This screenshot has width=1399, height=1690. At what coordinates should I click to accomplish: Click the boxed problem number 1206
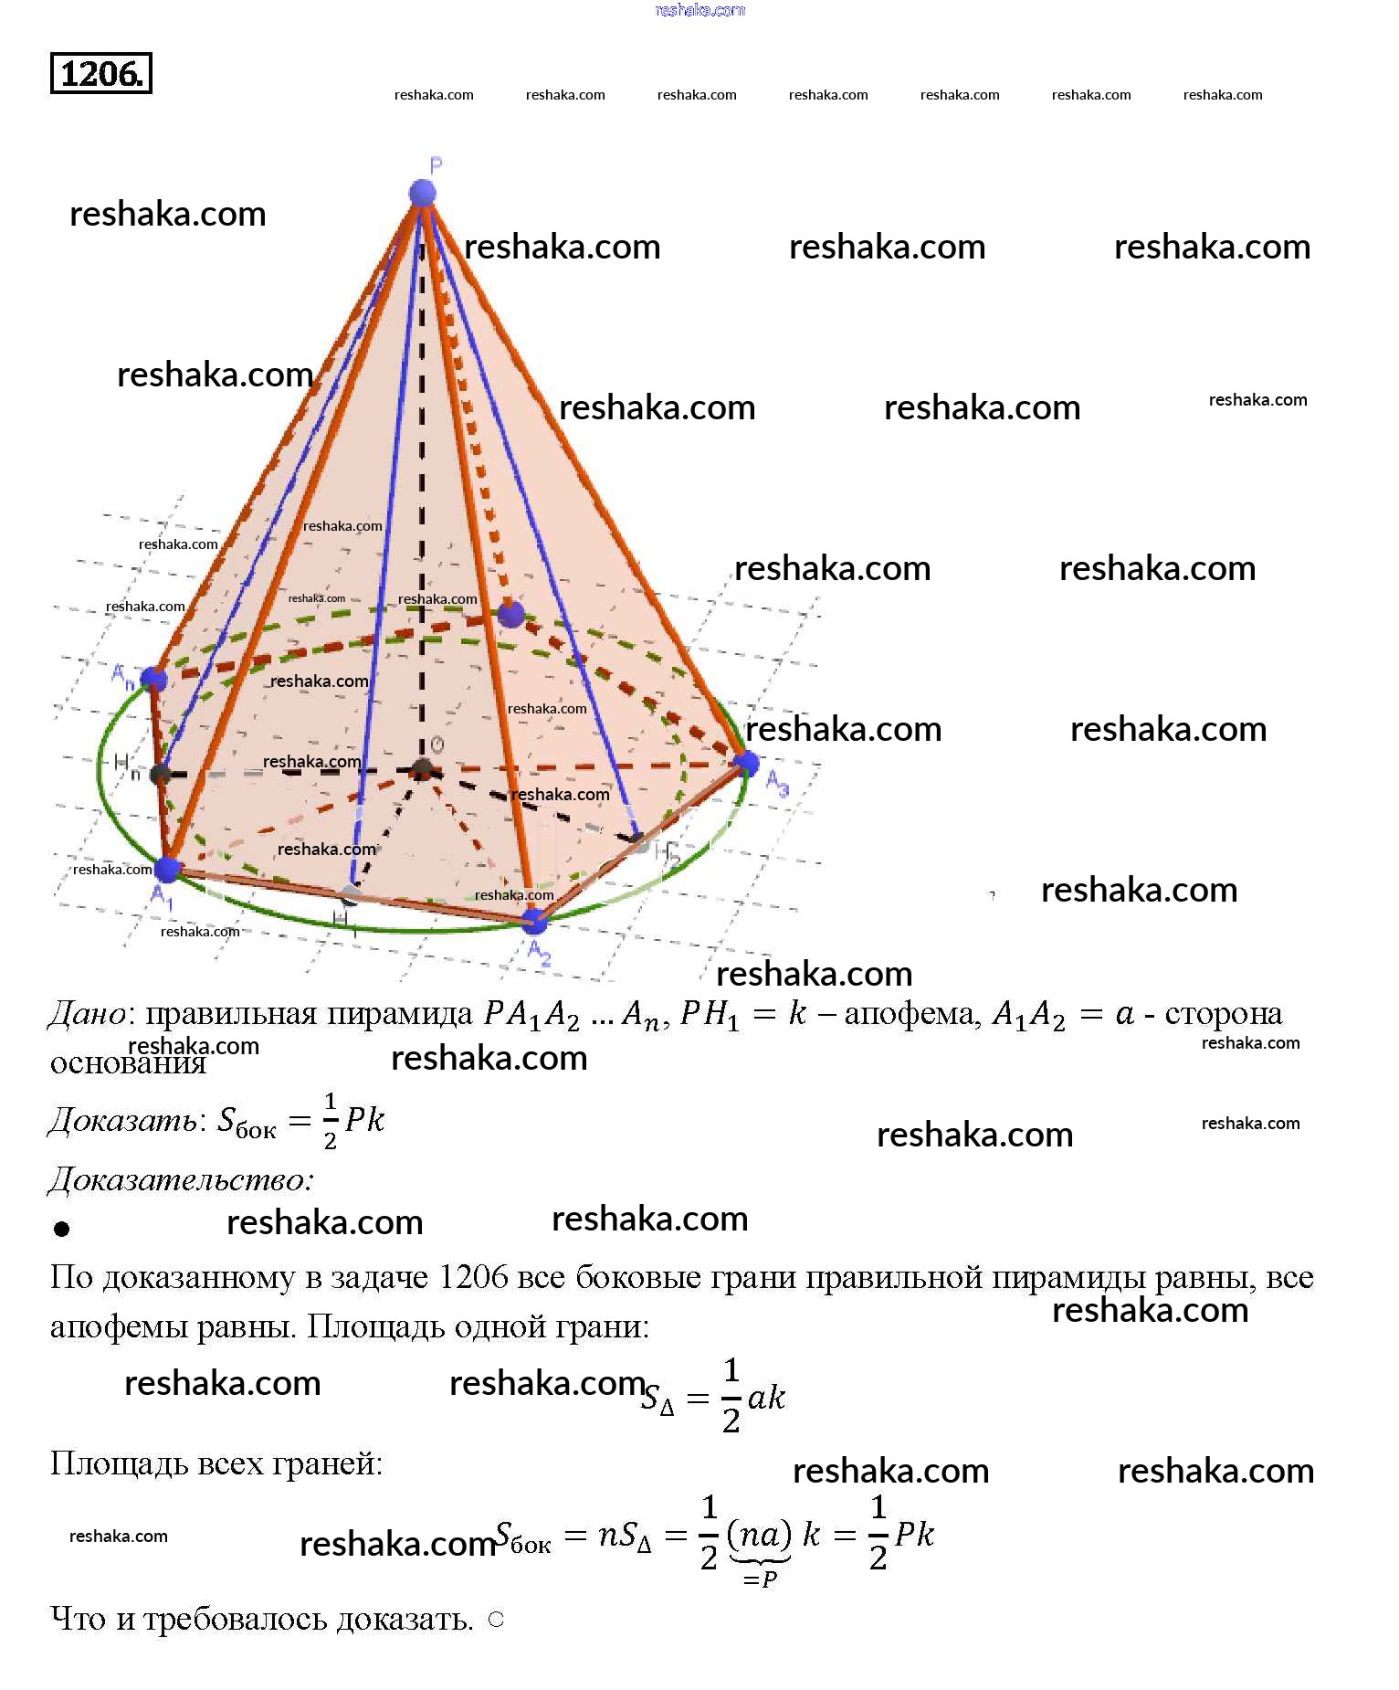point(100,73)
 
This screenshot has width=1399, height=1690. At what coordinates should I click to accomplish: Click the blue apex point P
point(422,193)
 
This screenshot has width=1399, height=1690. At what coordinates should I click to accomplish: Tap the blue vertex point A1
point(167,869)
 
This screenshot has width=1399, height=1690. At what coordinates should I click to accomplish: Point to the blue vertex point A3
point(747,762)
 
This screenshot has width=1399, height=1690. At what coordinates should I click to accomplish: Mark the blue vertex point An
point(153,679)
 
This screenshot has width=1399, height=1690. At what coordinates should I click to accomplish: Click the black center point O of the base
point(421,769)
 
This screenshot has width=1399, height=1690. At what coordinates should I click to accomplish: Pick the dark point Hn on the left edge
point(161,775)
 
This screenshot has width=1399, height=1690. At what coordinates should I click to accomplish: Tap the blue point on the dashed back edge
point(510,614)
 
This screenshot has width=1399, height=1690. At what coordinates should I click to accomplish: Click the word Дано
point(87,1014)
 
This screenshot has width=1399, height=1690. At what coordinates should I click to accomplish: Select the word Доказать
point(122,1120)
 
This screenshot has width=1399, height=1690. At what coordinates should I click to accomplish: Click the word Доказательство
point(180,1180)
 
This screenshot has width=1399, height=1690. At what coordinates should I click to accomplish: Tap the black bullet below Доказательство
point(62,1229)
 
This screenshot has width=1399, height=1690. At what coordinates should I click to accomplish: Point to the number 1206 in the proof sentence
point(472,1277)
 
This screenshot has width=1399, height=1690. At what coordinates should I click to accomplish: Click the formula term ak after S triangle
point(765,1398)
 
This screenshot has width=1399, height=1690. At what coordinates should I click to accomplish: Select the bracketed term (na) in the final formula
point(759,1533)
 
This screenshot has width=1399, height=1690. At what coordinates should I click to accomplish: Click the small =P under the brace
point(760,1579)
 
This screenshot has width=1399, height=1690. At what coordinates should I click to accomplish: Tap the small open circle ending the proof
point(496,1620)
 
